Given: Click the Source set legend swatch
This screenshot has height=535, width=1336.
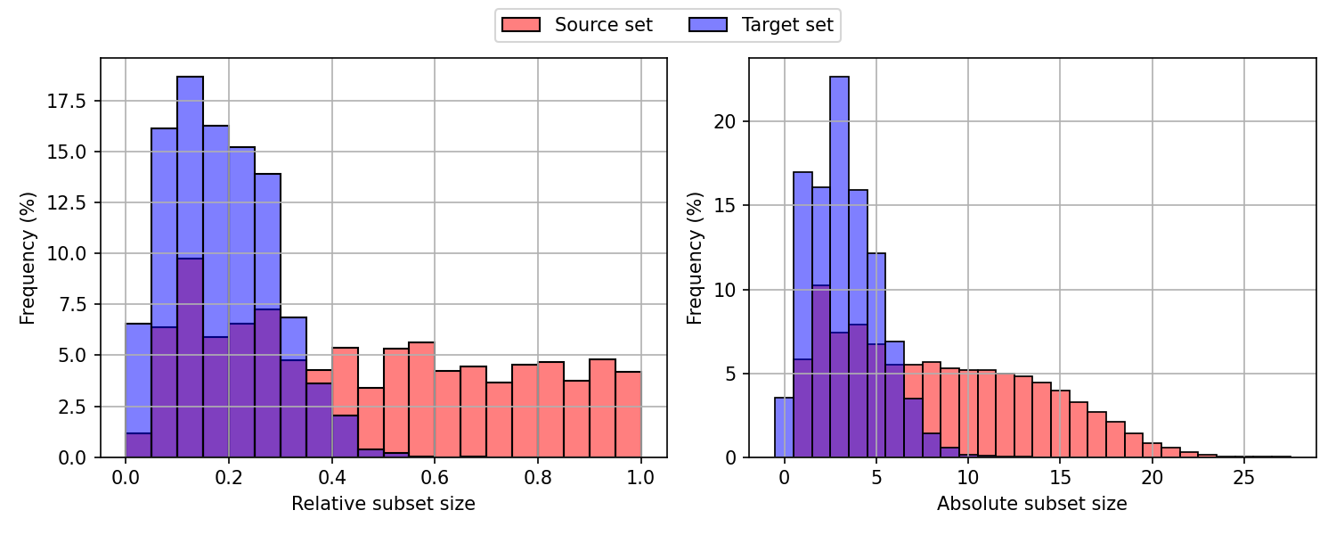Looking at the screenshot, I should pyautogui.click(x=521, y=25).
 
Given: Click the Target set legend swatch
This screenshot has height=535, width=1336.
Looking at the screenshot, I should pyautogui.click(x=708, y=25).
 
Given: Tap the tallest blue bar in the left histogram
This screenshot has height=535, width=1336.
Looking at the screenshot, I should pyautogui.click(x=190, y=267).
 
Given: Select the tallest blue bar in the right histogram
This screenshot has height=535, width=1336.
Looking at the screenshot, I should pyautogui.click(x=839, y=267).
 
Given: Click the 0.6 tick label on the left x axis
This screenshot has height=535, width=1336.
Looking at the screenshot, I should pyautogui.click(x=435, y=477).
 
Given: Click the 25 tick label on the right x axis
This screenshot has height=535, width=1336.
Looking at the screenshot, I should pyautogui.click(x=1244, y=477).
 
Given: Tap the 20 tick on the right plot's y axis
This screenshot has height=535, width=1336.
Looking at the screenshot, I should pyautogui.click(x=729, y=121).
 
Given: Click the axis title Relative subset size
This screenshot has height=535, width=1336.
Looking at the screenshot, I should pyautogui.click(x=383, y=504).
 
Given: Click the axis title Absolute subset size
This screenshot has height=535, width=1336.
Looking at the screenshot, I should pyautogui.click(x=1031, y=504).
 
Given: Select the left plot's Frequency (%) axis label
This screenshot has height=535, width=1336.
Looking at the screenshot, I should pyautogui.click(x=29, y=258).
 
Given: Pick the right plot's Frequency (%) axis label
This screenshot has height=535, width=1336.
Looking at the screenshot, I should pyautogui.click(x=695, y=258).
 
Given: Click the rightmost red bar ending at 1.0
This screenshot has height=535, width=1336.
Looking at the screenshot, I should pyautogui.click(x=628, y=415).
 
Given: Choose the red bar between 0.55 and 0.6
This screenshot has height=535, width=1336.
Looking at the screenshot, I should pyautogui.click(x=421, y=401).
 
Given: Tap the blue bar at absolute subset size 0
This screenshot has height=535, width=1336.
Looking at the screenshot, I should pyautogui.click(x=784, y=428).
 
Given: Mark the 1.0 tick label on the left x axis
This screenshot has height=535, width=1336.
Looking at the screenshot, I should pyautogui.click(x=640, y=477).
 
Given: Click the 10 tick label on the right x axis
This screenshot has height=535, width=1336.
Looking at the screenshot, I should pyautogui.click(x=968, y=477).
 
